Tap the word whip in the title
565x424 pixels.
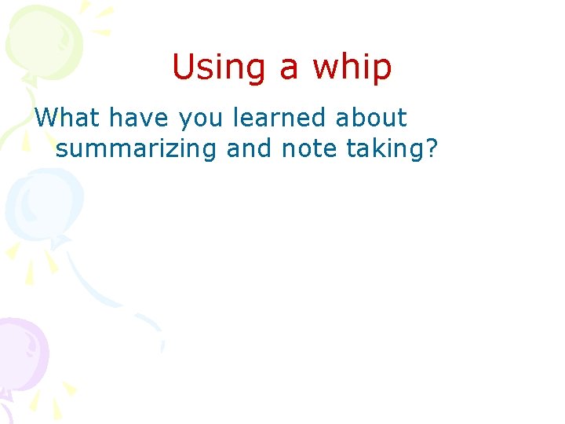click(x=352, y=68)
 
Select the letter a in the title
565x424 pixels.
click(x=290, y=69)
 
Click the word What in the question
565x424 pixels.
click(x=67, y=119)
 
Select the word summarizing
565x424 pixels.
click(x=136, y=148)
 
